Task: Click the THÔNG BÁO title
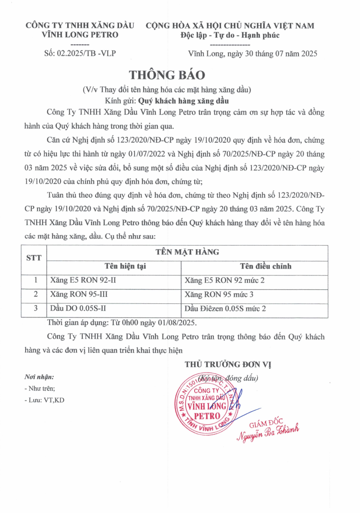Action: coord(167,75)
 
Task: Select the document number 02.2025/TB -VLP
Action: coord(80,54)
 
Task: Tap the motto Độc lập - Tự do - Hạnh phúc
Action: coord(230,35)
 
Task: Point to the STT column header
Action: coord(34,258)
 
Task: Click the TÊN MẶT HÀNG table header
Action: coord(187,252)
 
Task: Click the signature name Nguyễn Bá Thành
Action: coord(268,432)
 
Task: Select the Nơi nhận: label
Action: coord(39,377)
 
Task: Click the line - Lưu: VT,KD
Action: coord(44,400)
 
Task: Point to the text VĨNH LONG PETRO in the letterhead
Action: coord(80,35)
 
